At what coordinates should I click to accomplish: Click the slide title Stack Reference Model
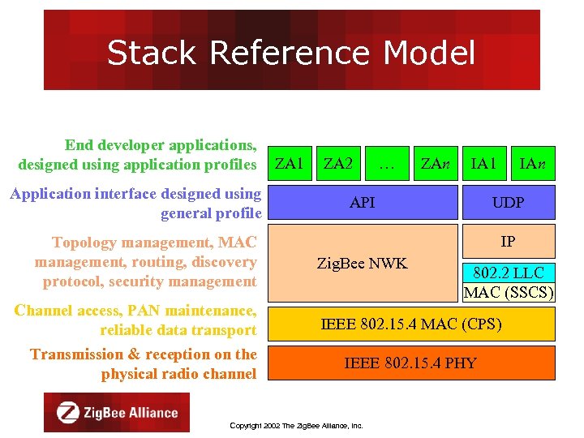(290, 53)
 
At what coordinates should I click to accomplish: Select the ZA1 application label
(290, 164)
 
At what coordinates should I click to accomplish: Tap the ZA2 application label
(337, 164)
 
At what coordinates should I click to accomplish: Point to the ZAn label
(435, 164)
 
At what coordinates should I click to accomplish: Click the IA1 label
(483, 164)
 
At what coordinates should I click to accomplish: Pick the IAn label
(532, 164)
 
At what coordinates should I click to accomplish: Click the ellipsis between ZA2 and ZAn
(386, 165)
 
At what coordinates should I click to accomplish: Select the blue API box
(363, 203)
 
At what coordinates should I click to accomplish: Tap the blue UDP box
(508, 203)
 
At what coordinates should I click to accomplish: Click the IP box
(508, 242)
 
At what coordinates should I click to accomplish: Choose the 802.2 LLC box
(509, 273)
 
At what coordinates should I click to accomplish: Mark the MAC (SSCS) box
(509, 292)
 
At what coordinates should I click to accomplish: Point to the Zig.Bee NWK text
(362, 264)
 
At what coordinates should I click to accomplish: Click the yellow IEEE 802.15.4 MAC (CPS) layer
(411, 324)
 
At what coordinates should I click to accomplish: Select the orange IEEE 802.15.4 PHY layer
(411, 363)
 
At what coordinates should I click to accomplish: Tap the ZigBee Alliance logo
(117, 412)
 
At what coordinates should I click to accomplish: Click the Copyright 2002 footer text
(296, 425)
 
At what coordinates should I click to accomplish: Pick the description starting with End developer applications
(138, 155)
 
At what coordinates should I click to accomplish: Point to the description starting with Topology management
(146, 261)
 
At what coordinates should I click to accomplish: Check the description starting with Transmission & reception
(144, 364)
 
